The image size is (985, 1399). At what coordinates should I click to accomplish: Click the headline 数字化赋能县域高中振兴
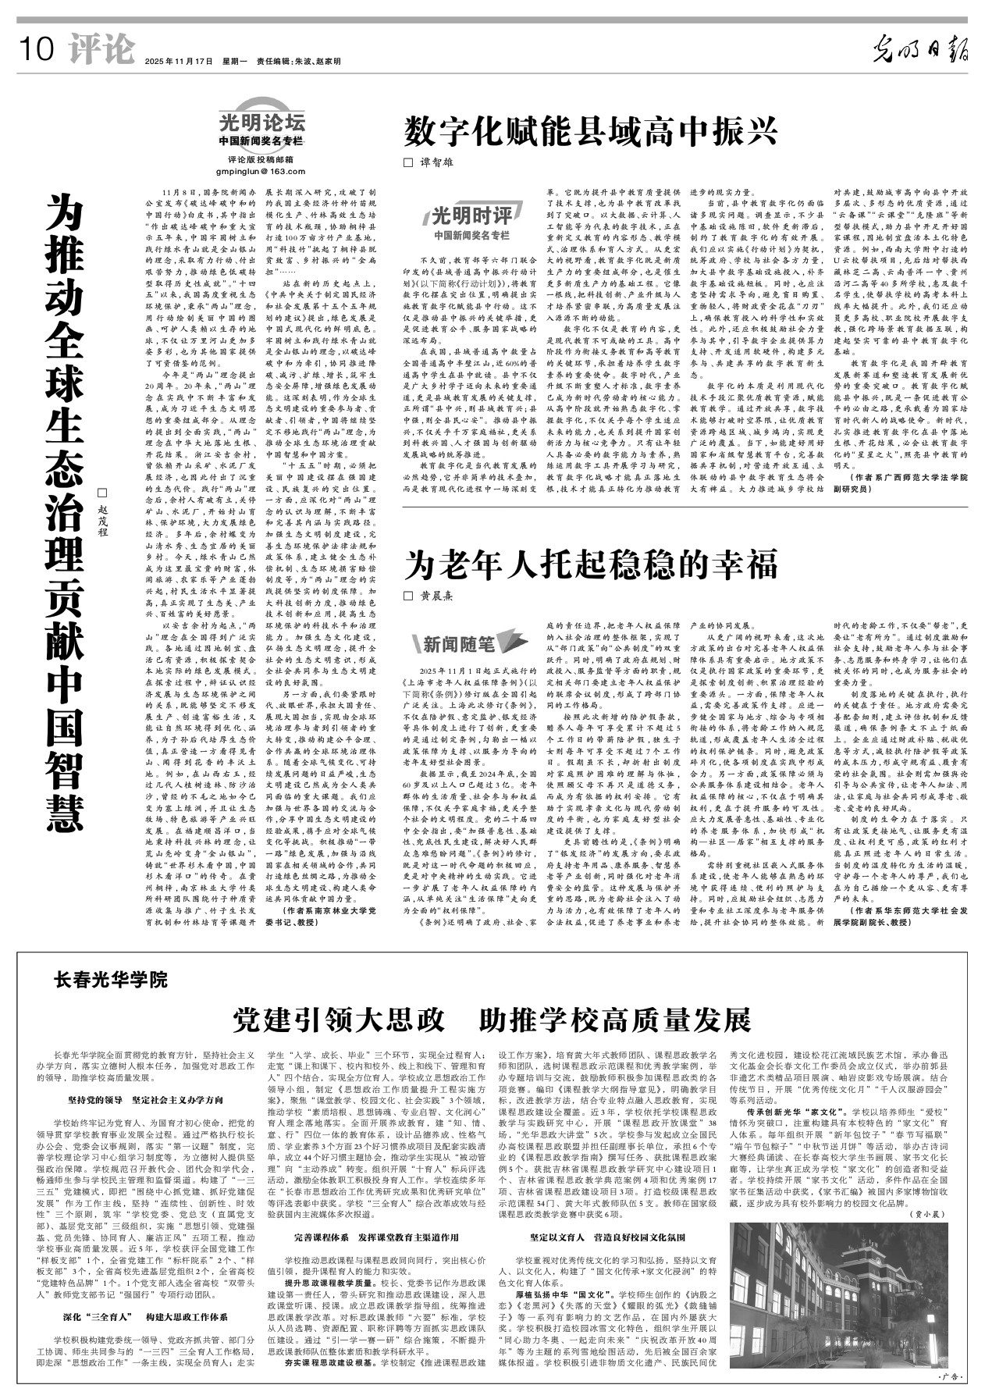(x=590, y=130)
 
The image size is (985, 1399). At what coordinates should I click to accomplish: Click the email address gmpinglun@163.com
(x=261, y=171)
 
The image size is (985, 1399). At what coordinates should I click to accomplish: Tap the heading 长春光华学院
(x=110, y=977)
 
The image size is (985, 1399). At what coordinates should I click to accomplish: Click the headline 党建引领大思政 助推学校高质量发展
(x=492, y=1020)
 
